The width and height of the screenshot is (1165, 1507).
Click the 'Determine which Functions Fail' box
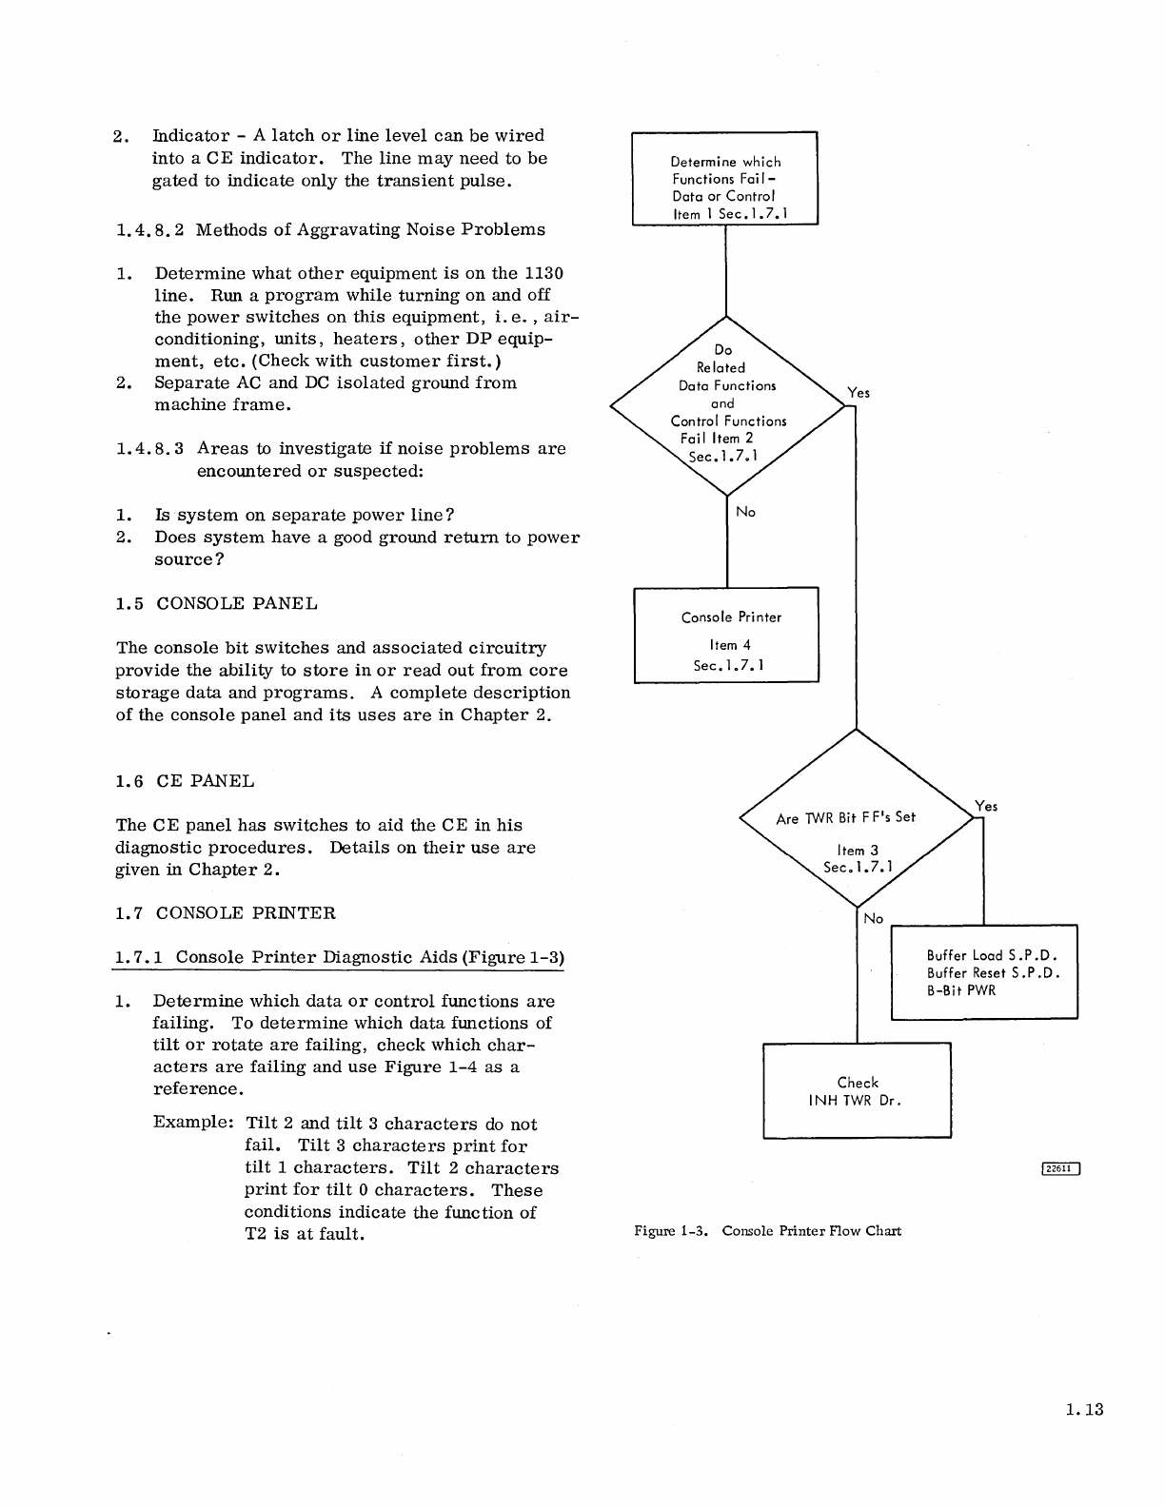pos(725,178)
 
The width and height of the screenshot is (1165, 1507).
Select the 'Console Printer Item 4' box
pos(726,635)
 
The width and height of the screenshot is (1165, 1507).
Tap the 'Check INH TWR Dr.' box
pos(857,1090)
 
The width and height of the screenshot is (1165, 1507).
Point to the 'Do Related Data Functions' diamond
pos(727,405)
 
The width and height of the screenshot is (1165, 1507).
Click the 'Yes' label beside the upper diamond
pos(859,392)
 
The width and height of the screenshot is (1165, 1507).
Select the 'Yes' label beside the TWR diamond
pos(987,806)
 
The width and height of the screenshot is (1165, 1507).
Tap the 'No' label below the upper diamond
pos(746,512)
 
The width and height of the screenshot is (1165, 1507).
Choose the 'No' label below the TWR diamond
pos(874,918)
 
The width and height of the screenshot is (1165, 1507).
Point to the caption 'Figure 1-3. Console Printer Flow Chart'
pos(767,1231)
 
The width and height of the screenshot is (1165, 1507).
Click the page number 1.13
pos(1084,1410)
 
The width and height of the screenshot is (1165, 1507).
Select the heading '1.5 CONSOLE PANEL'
pos(216,604)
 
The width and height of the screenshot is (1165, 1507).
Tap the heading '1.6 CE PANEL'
pos(185,781)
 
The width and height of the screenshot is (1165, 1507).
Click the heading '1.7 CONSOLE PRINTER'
pos(225,913)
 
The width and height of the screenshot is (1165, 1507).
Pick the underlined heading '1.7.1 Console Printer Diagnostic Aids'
pos(339,957)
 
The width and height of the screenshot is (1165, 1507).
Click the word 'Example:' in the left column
pos(193,1124)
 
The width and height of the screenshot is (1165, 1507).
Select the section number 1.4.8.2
pos(150,229)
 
